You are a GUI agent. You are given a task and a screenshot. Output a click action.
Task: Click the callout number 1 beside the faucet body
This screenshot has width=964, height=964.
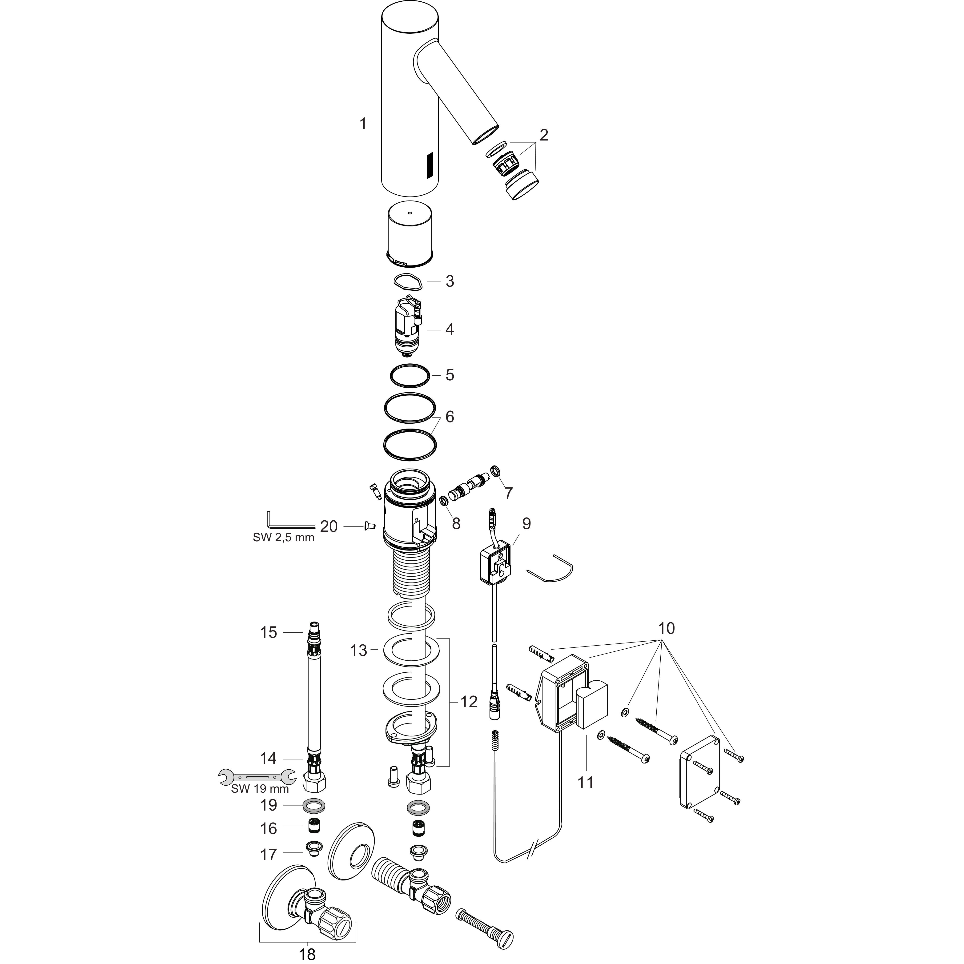(x=363, y=123)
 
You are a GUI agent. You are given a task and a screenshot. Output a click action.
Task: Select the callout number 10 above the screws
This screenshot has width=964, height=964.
(x=666, y=628)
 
